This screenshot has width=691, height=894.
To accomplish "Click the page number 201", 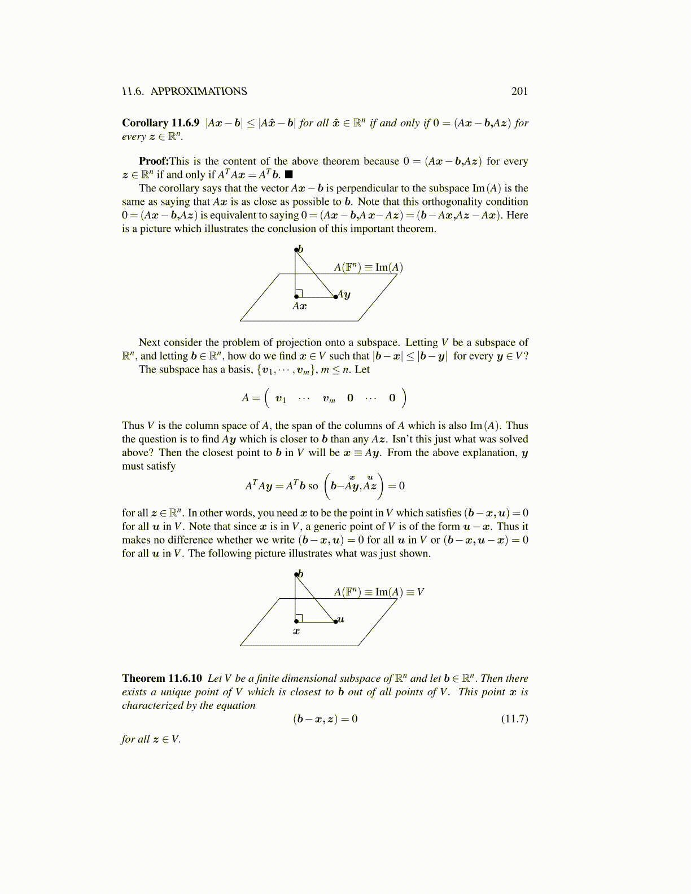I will pos(519,91).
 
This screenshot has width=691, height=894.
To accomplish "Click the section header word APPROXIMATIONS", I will pos(199,91).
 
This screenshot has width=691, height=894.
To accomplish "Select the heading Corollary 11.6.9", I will pos(161,123).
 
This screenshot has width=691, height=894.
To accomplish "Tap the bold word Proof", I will pos(153,161).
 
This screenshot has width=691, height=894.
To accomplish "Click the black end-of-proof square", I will pos(289,175).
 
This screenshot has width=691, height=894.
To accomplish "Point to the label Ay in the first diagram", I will pos(344,295).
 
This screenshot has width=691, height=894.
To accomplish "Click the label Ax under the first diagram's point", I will pos(299,306).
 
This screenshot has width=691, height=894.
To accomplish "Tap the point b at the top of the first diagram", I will pos(296,249).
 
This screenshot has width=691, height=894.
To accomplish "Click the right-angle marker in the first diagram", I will pos(299,292).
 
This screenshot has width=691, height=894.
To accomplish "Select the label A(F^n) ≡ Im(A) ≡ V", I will pos(379,592).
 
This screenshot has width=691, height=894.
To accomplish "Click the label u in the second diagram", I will pos(340,620).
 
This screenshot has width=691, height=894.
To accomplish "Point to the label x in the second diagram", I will pos(296,632).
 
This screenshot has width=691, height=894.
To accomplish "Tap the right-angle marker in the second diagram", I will pos(299,617).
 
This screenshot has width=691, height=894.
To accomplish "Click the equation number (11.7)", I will pos(514,719).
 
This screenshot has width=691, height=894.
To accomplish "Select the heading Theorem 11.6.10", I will pos(162,678).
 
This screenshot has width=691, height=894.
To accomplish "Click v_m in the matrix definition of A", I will pos(329,398).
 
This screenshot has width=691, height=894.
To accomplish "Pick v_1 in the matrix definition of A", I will pos(281,398).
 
